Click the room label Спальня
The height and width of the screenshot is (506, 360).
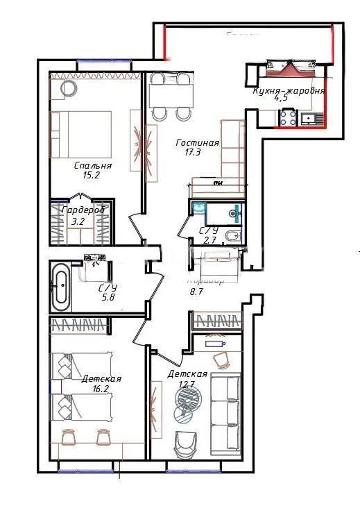(x=92, y=166)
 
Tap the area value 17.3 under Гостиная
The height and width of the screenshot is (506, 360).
(x=193, y=152)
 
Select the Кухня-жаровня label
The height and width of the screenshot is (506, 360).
(x=289, y=90)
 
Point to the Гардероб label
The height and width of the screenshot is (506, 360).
(x=83, y=210)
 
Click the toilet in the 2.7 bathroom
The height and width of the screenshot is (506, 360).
(x=234, y=236)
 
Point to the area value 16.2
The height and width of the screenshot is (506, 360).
(x=101, y=389)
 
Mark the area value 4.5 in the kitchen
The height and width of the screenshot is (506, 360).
(x=281, y=99)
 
